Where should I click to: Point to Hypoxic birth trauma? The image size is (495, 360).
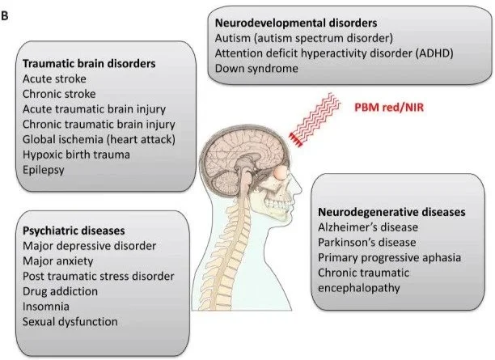(x=74, y=155)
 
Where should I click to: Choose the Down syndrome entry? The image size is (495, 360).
(x=257, y=69)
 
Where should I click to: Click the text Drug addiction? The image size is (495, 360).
(x=61, y=291)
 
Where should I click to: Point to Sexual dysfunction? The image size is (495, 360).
(x=71, y=322)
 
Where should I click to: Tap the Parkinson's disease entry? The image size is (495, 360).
(x=368, y=243)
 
